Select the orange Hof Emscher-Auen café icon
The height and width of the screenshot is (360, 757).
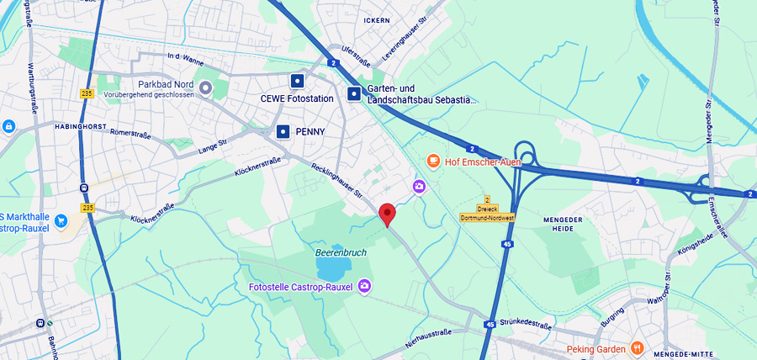click(x=433, y=161)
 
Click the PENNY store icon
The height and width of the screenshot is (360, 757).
click(x=283, y=131)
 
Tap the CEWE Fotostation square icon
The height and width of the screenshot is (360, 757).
click(x=296, y=81)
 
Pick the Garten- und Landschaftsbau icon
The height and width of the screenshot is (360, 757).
click(x=354, y=93)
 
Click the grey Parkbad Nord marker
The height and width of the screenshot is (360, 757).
click(x=205, y=86)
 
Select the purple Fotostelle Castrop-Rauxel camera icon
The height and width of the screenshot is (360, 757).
click(x=364, y=287)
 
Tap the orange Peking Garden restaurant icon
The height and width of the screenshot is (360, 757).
click(x=638, y=348)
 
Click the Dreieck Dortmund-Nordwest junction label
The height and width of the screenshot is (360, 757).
click(x=487, y=213)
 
